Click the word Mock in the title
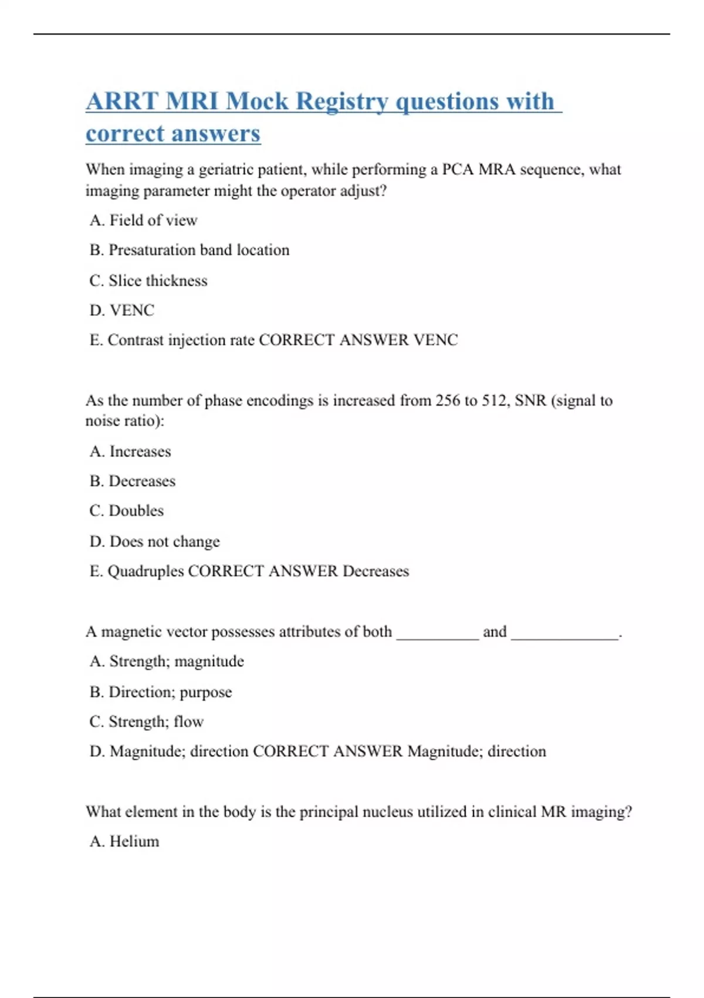(x=257, y=101)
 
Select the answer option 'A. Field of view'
(x=144, y=220)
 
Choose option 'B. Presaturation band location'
(x=189, y=250)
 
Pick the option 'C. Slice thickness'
(x=148, y=281)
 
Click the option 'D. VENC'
(x=122, y=310)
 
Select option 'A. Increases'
(x=130, y=451)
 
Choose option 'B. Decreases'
(x=133, y=481)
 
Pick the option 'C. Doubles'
(x=127, y=511)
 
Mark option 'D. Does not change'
(x=155, y=541)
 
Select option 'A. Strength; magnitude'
(x=167, y=662)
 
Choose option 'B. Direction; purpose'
(x=161, y=692)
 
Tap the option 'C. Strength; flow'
(x=147, y=721)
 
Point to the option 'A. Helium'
(x=124, y=841)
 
